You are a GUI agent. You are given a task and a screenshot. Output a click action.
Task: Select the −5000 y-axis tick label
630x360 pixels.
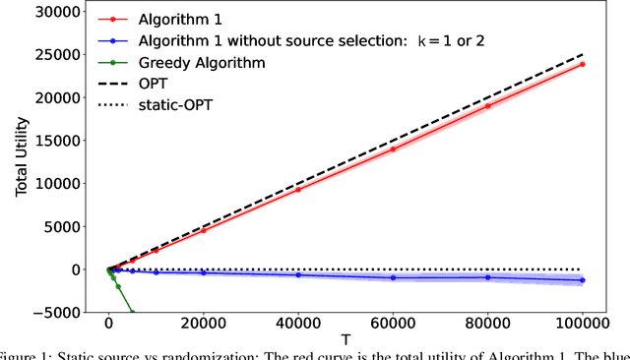click(62, 313)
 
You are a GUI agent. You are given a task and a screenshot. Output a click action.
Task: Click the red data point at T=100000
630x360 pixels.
click(583, 64)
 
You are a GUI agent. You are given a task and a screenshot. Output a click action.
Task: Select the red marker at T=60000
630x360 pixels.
click(393, 149)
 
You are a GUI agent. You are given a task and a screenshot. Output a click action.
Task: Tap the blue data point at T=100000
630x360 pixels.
click(583, 280)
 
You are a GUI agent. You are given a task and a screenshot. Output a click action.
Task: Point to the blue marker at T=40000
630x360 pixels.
click(298, 274)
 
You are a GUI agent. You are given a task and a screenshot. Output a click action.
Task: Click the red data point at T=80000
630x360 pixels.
click(488, 105)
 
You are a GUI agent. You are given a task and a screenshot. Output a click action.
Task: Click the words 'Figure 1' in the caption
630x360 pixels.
click(29, 355)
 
